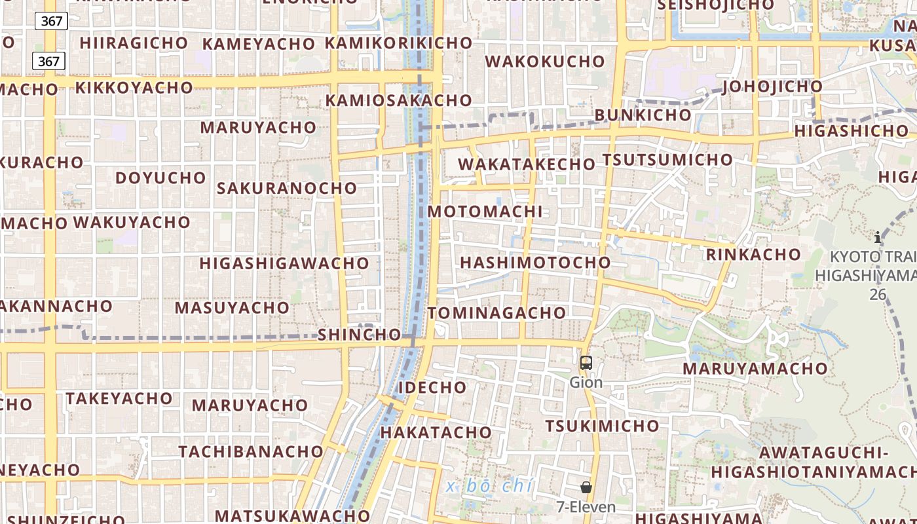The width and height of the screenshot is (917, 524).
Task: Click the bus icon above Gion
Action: [x=586, y=362]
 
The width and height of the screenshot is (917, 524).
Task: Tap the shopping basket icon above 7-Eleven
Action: [x=586, y=487]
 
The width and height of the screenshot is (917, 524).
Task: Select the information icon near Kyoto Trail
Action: [x=878, y=237]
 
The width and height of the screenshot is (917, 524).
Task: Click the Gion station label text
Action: [x=586, y=382]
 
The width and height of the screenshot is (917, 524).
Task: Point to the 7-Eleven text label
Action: [x=586, y=507]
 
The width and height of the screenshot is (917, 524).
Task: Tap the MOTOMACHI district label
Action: [x=485, y=212]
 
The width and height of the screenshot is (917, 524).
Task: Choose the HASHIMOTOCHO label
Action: [x=535, y=263]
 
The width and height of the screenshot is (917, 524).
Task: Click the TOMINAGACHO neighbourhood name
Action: [x=497, y=313]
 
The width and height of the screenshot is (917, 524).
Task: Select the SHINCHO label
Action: [x=359, y=335]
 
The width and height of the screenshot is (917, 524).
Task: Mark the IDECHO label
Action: [x=433, y=387]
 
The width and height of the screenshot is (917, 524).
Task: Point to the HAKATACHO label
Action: [x=436, y=432]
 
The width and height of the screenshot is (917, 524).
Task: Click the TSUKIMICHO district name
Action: [x=603, y=426]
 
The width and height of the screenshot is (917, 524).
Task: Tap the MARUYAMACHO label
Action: [x=755, y=369]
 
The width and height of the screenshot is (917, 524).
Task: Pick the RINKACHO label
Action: [x=753, y=254]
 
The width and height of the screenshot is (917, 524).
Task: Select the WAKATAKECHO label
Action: [x=527, y=164]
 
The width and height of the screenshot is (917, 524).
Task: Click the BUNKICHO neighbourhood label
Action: [x=643, y=115]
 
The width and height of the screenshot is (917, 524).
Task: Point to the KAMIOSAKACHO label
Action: [x=399, y=101]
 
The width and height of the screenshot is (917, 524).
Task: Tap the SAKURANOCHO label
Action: [x=287, y=188]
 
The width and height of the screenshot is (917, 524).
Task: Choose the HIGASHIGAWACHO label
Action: [x=284, y=263]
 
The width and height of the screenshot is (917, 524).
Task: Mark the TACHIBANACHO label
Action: [x=251, y=452]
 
